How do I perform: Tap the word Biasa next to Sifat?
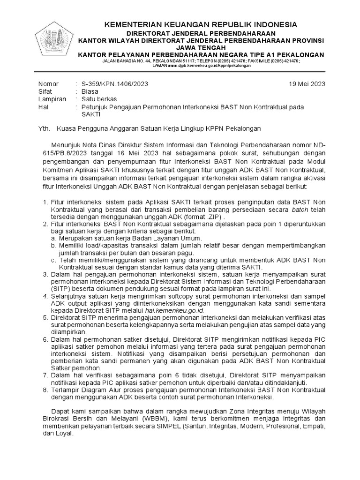(x=90, y=92)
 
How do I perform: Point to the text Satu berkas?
(x=99, y=99)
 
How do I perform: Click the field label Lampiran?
(x=51, y=99)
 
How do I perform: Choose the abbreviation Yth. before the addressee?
(x=44, y=127)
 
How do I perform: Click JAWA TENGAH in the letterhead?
(x=200, y=48)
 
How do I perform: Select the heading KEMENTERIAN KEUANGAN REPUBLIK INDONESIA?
(x=200, y=25)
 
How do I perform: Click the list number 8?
(x=45, y=390)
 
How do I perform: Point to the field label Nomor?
(x=48, y=84)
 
